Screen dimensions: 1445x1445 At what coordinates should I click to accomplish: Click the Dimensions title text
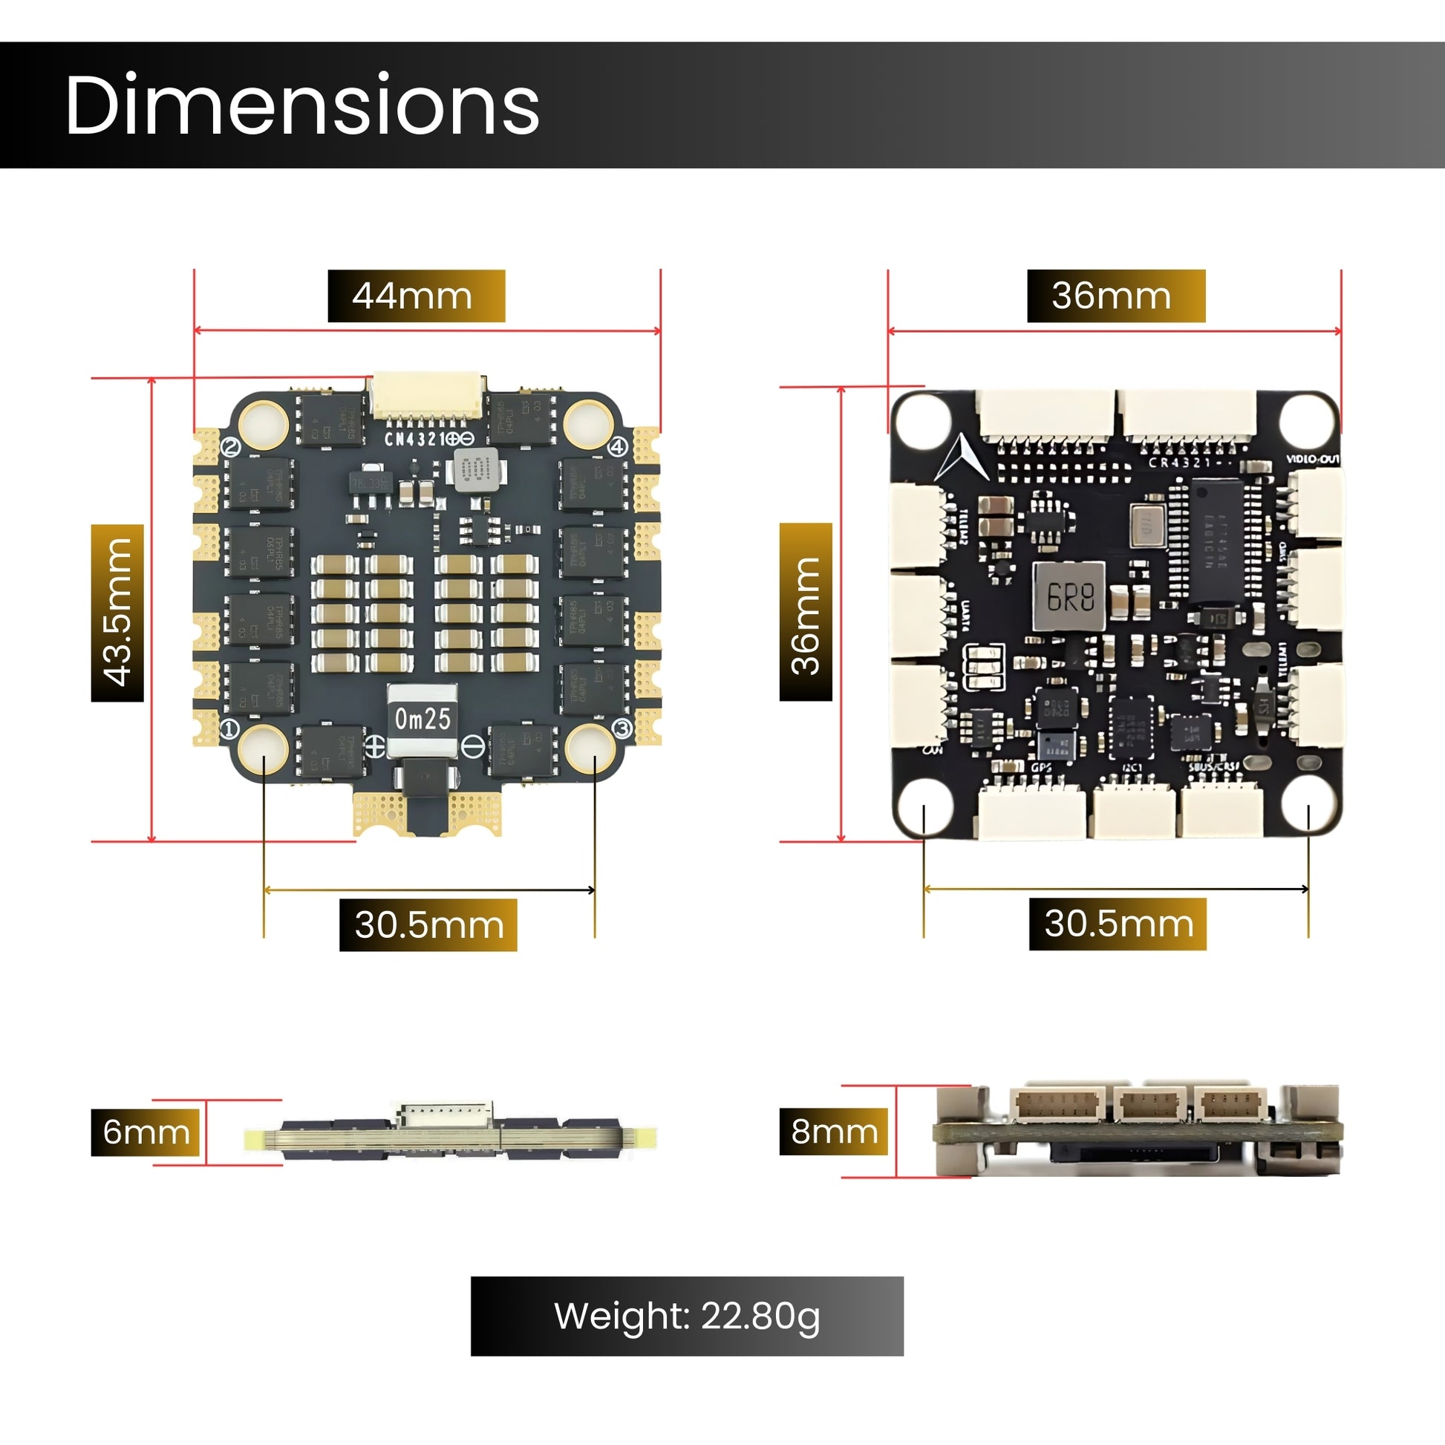[x=302, y=105]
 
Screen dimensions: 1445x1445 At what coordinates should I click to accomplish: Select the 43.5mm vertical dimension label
[x=117, y=613]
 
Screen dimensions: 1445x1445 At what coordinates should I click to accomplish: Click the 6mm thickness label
[x=146, y=1132]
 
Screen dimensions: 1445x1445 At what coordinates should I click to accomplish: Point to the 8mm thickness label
[x=834, y=1132]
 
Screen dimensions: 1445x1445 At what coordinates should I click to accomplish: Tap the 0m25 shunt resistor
[x=423, y=719]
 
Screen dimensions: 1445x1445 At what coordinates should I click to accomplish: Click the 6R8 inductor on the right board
[x=1069, y=596]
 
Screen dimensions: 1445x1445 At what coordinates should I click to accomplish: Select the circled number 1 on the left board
[x=229, y=728]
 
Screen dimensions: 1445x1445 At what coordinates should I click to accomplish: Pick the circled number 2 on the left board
[x=231, y=448]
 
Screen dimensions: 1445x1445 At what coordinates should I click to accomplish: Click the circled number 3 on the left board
[x=622, y=728]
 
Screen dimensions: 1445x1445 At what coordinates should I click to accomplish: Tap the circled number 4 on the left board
[x=617, y=448]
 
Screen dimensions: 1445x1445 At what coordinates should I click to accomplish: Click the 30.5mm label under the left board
[x=428, y=924]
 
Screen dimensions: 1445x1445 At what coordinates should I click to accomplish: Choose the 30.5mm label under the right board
[x=1118, y=924]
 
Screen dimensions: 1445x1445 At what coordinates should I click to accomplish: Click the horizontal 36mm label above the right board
[x=1116, y=296]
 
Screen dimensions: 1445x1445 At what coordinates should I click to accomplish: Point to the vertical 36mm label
[x=806, y=612]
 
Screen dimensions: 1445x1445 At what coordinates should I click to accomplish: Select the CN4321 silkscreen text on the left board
[x=416, y=439]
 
